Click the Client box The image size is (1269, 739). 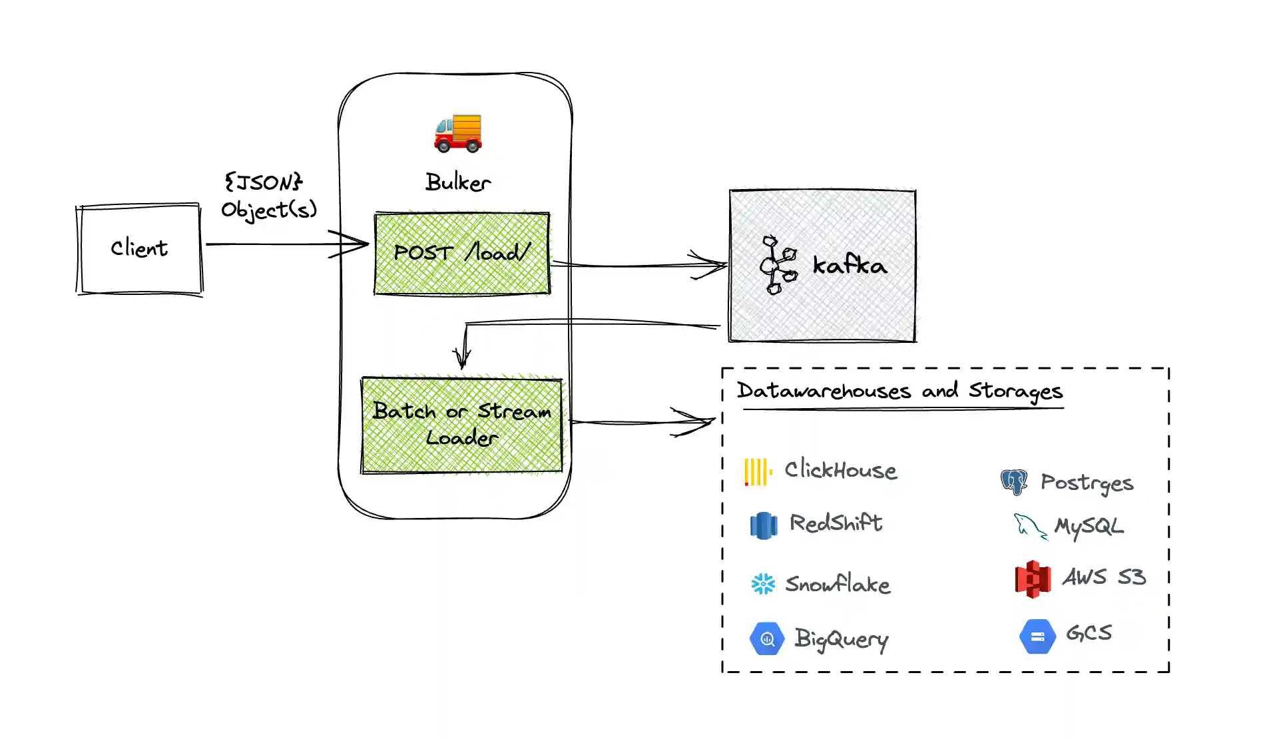click(x=139, y=248)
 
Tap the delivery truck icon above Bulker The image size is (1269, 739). click(x=458, y=132)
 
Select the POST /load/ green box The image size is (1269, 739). click(x=462, y=253)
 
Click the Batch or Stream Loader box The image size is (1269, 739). click(x=462, y=425)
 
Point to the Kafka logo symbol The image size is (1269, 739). click(x=777, y=265)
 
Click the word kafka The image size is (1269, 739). click(x=850, y=265)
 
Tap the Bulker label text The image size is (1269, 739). click(x=458, y=182)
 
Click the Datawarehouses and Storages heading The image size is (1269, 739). click(x=899, y=391)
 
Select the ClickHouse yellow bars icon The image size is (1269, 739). click(x=758, y=472)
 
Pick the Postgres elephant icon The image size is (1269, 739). click(x=1013, y=481)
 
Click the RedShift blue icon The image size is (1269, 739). click(x=763, y=525)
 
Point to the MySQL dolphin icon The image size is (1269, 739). click(x=1029, y=526)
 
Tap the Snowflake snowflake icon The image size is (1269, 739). click(x=763, y=584)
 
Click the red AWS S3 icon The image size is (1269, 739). click(x=1033, y=579)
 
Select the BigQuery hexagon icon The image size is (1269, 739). click(x=767, y=639)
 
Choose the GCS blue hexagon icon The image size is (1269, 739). click(x=1037, y=636)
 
